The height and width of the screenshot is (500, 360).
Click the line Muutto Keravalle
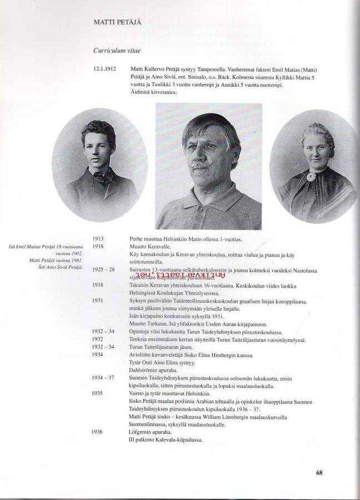coord(147,246)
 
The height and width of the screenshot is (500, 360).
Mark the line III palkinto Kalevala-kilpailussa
coord(165,439)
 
